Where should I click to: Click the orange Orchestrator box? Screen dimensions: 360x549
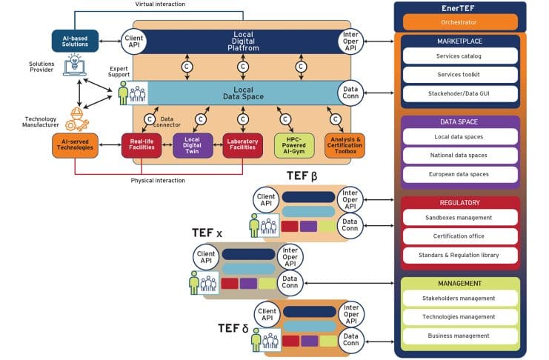coord(460,23)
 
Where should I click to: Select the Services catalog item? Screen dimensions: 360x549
coord(460,56)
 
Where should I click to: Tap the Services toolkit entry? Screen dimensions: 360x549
coord(460,75)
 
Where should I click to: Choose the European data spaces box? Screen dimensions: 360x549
coord(460,175)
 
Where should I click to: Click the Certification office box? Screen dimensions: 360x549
coord(460,236)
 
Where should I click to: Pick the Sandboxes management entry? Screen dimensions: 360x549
coord(460,218)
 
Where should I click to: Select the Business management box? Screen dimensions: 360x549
coord(460,336)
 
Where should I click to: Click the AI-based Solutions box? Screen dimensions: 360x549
coord(75,41)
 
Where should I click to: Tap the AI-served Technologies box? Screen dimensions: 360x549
coord(75,145)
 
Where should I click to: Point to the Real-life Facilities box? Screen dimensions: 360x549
coord(142,145)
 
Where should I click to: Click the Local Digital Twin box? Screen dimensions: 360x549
coord(193,145)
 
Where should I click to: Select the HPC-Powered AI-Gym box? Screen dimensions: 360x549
coord(294,145)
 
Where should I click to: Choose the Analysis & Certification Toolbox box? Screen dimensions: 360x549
coord(345,145)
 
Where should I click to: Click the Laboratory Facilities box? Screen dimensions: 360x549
coord(243,145)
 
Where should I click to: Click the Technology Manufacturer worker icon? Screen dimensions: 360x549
coord(75,118)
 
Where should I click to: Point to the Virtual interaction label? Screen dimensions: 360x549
coord(160,4)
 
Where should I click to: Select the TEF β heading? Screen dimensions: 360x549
coord(302,176)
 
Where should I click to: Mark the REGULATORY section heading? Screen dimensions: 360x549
coord(460,202)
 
